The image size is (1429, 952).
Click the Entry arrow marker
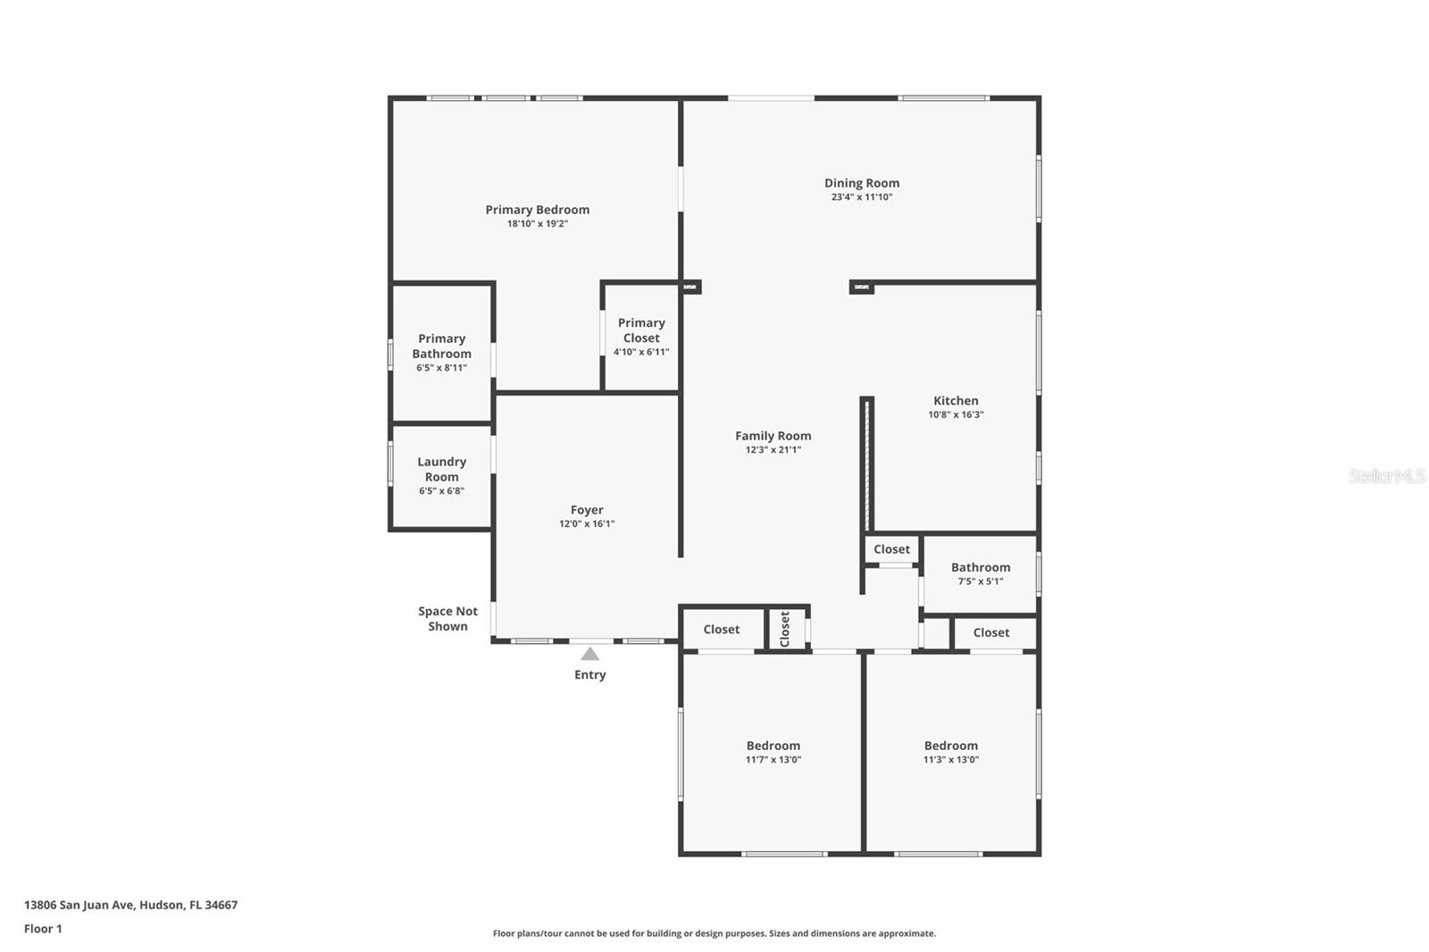(x=590, y=654)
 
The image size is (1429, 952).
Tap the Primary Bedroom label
(x=537, y=209)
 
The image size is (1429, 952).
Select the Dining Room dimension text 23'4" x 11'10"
(x=861, y=197)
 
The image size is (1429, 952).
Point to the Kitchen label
(x=956, y=401)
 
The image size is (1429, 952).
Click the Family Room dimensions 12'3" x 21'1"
(x=773, y=450)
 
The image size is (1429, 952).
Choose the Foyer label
(x=587, y=510)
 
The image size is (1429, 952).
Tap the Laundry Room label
(x=441, y=469)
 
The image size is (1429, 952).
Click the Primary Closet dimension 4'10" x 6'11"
(x=641, y=352)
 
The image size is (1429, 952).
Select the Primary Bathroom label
(x=441, y=346)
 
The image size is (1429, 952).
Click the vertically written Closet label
(x=785, y=629)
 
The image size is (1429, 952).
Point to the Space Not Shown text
(x=447, y=618)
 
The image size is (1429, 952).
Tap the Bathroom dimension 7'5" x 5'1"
(x=981, y=581)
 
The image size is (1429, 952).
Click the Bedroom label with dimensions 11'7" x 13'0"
(x=773, y=746)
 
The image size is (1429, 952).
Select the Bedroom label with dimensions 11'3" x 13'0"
(x=950, y=746)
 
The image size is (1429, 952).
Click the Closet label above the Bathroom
(x=892, y=548)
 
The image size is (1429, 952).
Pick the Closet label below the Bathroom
(x=991, y=632)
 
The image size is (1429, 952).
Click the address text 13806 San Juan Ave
(x=79, y=905)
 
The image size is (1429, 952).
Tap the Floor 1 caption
(x=44, y=929)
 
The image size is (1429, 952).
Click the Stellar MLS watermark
(x=1387, y=475)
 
